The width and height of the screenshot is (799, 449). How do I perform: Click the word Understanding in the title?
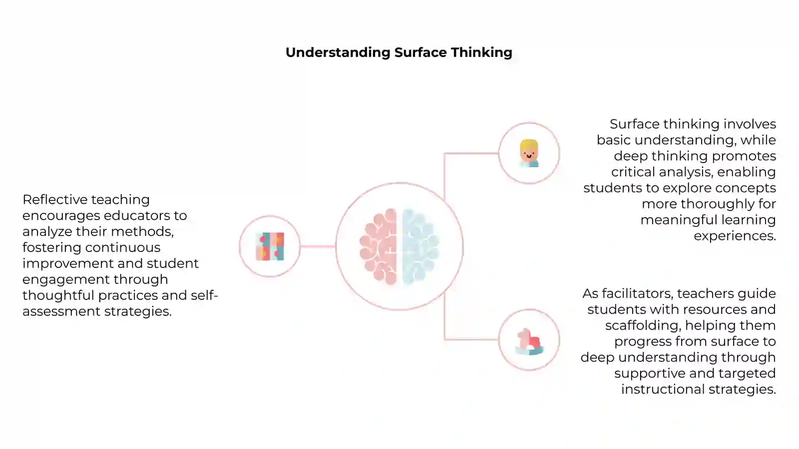pos(338,53)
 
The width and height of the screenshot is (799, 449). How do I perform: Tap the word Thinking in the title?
pos(481,53)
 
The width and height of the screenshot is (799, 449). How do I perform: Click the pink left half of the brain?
pos(378,246)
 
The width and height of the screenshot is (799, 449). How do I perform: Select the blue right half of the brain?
pos(420,246)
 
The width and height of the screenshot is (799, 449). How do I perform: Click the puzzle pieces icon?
pos(270,246)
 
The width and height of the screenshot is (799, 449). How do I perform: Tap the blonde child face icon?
pos(529,153)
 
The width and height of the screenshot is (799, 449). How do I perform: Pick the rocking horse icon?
pos(529,342)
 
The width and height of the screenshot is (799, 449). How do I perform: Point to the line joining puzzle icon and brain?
pos(318,246)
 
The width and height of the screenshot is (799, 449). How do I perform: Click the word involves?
pos(750,124)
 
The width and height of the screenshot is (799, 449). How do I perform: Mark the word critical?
pos(633,172)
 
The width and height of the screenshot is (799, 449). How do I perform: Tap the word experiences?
pos(735,236)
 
